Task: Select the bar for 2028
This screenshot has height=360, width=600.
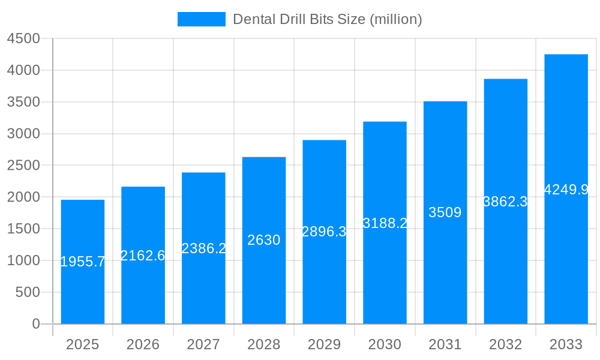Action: pyautogui.click(x=264, y=282)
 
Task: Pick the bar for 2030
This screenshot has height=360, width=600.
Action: pyautogui.click(x=385, y=270)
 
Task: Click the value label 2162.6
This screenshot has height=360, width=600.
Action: pyautogui.click(x=143, y=256)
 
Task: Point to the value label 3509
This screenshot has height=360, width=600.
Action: pyautogui.click(x=445, y=212)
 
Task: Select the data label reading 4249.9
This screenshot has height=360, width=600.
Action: pyautogui.click(x=566, y=190)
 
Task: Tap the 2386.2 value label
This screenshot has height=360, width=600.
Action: pyautogui.click(x=203, y=248)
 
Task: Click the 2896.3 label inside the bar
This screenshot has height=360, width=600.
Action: pyautogui.click(x=324, y=232)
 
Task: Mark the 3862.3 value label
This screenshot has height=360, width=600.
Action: pyautogui.click(x=505, y=202)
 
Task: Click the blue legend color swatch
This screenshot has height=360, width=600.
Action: pyautogui.click(x=202, y=19)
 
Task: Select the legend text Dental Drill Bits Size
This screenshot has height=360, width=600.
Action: pyautogui.click(x=328, y=19)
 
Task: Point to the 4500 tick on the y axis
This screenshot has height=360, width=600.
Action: pyautogui.click(x=23, y=39)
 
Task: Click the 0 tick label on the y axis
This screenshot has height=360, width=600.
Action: pyautogui.click(x=35, y=324)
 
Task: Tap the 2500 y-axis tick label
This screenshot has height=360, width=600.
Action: pyautogui.click(x=23, y=166)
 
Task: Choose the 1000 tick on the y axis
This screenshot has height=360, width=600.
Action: pyautogui.click(x=23, y=260)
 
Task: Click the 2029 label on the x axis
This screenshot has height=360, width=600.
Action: pyautogui.click(x=324, y=344)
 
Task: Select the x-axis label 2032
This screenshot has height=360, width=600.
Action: pyautogui.click(x=505, y=344)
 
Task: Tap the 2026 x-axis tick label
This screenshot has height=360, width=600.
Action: pyautogui.click(x=143, y=344)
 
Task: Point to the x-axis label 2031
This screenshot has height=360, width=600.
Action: pyautogui.click(x=445, y=344)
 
